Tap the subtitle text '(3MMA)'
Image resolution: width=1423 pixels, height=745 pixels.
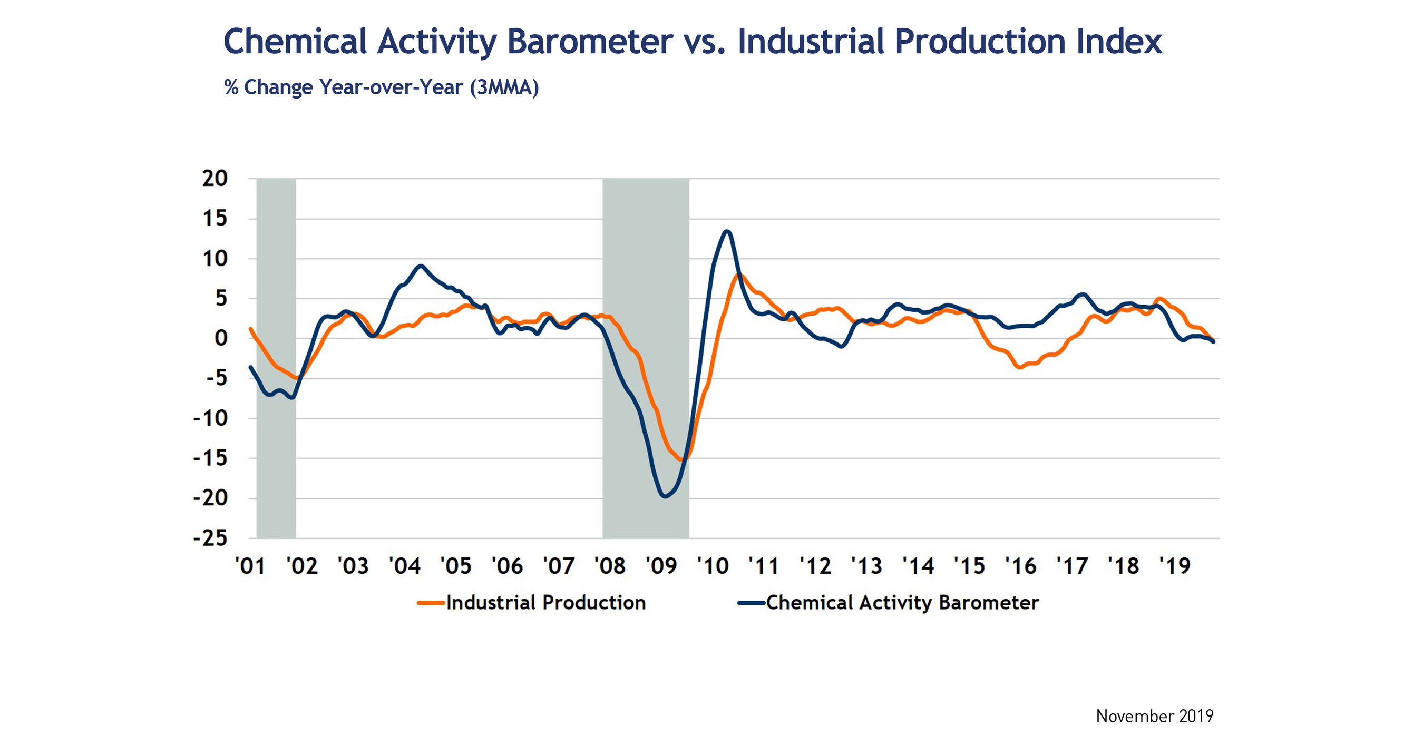coord(504,88)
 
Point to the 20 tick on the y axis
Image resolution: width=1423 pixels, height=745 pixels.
coord(215,179)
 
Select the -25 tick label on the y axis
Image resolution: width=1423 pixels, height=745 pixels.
coord(210,538)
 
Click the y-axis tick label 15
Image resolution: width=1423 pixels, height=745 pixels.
coord(215,219)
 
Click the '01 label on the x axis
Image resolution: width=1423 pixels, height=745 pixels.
coord(250,566)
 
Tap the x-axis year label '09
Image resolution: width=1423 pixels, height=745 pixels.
coord(661,566)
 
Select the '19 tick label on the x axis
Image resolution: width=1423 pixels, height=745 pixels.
coord(1174,566)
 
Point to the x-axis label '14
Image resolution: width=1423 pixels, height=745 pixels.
coord(918,566)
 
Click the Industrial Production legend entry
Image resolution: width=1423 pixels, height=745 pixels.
coord(546,603)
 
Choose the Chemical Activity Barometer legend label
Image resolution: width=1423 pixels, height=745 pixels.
coord(902,603)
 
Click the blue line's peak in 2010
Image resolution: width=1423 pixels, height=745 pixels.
coord(727,231)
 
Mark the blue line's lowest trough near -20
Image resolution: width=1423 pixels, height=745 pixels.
coord(664,496)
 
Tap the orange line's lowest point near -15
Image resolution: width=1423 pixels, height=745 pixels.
coord(681,459)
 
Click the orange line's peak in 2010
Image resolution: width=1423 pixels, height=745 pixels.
coord(739,274)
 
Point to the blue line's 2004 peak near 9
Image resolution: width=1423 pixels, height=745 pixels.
coord(421,266)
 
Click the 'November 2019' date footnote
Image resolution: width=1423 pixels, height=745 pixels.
coord(1155,716)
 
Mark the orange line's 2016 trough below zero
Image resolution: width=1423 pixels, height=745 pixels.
coord(1020,367)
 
